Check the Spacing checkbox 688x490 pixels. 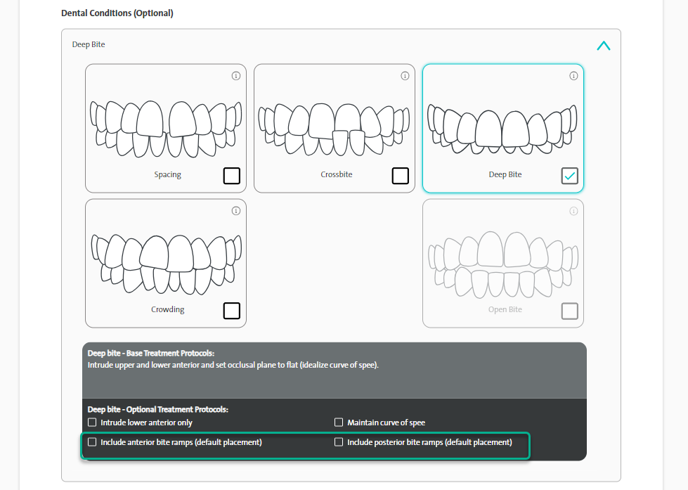232,176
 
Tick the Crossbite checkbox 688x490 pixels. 400,176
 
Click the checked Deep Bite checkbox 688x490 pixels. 569,176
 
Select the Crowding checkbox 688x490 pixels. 232,311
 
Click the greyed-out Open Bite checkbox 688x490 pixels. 569,311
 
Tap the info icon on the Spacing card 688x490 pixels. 236,76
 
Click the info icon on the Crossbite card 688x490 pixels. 405,76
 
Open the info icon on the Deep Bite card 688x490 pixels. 573,76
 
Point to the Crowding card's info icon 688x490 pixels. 236,211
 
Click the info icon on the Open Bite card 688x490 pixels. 573,211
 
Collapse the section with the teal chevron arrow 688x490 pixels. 604,46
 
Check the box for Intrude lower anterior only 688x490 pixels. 92,423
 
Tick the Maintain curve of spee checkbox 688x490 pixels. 339,423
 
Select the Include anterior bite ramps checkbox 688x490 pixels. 92,442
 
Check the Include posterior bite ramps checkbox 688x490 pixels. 339,442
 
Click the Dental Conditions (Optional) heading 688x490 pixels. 117,13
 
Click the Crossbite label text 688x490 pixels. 337,174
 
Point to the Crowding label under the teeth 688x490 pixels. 168,309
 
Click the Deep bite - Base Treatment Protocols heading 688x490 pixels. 151,353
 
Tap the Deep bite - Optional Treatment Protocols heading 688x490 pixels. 158,409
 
